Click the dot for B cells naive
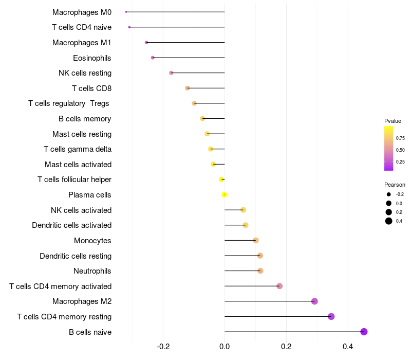tap(364, 332)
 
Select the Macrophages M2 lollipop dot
tap(314, 301)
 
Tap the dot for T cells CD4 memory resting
tap(331, 316)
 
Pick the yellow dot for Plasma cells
tap(225, 194)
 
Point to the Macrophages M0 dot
tap(126, 12)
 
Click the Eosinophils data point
tap(153, 58)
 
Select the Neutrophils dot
tap(260, 271)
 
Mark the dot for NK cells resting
tap(171, 73)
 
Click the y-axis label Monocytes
tap(92, 241)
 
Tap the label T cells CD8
tap(91, 88)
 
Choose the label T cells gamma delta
tap(78, 149)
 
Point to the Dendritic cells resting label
tap(76, 256)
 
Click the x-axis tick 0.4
tap(348, 347)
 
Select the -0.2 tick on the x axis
tap(163, 347)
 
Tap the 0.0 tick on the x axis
tap(225, 347)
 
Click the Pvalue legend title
tap(393, 121)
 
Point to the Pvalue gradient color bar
tap(388, 148)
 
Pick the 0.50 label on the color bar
tap(400, 150)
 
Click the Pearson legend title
tap(395, 185)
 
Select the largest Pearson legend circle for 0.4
tap(389, 221)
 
